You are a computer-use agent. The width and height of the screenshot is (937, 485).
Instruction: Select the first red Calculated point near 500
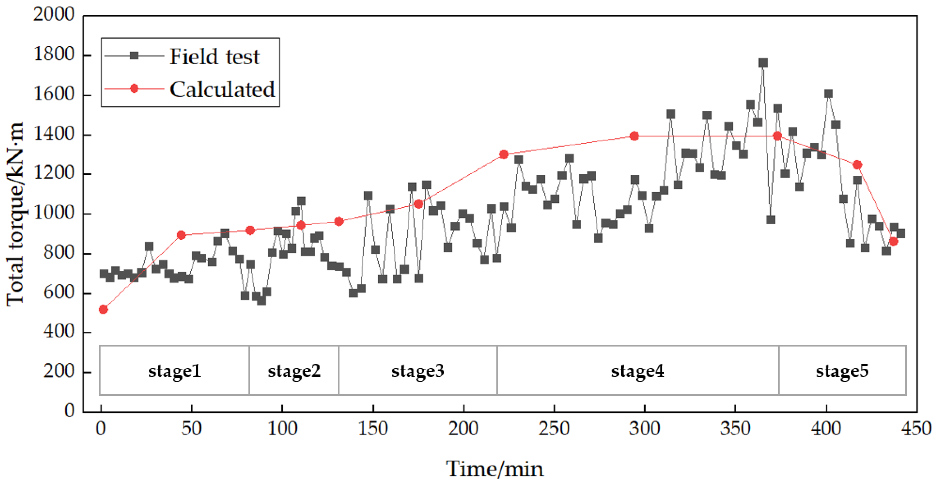tap(103, 309)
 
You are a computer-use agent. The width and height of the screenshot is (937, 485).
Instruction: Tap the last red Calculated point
tap(893, 241)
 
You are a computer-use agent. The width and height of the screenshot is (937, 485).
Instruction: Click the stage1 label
tap(175, 371)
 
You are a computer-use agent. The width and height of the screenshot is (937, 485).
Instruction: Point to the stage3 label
tap(418, 371)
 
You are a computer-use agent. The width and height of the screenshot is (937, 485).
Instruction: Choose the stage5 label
tap(842, 371)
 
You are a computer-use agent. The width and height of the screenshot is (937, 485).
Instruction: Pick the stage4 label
tap(637, 371)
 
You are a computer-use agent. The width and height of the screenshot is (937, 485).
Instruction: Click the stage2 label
tap(294, 371)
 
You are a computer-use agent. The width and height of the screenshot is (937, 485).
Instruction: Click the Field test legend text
tap(215, 57)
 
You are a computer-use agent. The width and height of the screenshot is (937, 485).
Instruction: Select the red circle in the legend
tap(134, 88)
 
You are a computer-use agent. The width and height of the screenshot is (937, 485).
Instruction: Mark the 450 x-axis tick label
tap(916, 429)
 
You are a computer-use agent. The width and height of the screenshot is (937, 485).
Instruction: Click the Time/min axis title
tap(495, 469)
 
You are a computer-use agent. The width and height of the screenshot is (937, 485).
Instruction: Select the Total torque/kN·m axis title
tap(15, 215)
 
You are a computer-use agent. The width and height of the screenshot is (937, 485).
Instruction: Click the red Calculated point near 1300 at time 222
tap(504, 154)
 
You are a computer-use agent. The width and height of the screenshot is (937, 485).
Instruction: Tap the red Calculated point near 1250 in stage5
tap(857, 165)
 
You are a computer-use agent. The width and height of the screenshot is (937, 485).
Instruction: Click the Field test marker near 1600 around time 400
tap(828, 93)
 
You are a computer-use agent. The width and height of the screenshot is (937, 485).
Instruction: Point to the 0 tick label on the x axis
tap(101, 429)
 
